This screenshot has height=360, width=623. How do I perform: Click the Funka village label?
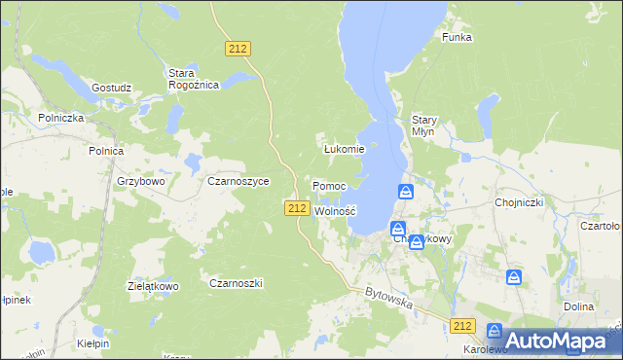click(x=457, y=37)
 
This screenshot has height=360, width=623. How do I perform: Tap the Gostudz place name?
click(x=111, y=87)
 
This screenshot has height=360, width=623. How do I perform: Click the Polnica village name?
click(x=105, y=151)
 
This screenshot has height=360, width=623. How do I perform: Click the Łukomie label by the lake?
click(x=344, y=149)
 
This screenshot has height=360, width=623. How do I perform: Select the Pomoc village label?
click(x=329, y=185)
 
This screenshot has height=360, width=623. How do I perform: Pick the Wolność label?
click(x=337, y=210)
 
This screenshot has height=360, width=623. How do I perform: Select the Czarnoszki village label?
click(x=237, y=283)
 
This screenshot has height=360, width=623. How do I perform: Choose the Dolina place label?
click(x=578, y=306)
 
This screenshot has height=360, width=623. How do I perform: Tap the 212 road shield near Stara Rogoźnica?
click(x=238, y=48)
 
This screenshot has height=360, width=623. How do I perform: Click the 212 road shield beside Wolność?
click(x=298, y=208)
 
